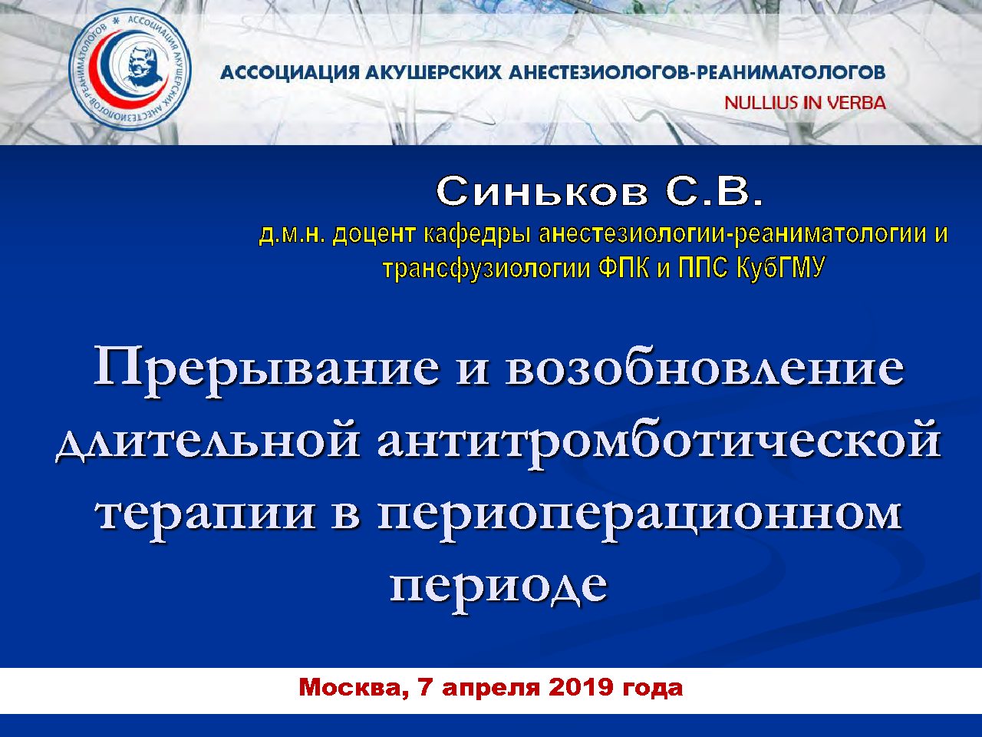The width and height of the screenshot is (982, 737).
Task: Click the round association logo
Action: point(130,69)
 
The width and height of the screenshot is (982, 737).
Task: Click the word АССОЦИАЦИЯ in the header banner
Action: point(290,72)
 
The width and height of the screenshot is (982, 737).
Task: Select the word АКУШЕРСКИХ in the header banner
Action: point(434,72)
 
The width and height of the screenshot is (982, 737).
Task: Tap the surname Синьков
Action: point(542,192)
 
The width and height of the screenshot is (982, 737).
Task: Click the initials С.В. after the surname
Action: point(714,192)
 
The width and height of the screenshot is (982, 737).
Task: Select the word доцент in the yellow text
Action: point(374,234)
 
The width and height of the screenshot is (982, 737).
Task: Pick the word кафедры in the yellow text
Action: point(477,235)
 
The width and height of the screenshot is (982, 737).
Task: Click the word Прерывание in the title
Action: point(267,372)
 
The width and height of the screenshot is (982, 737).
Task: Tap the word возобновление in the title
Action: point(704,371)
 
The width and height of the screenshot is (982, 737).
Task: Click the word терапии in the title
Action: point(206,517)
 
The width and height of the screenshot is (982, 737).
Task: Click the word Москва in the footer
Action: point(354,688)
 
